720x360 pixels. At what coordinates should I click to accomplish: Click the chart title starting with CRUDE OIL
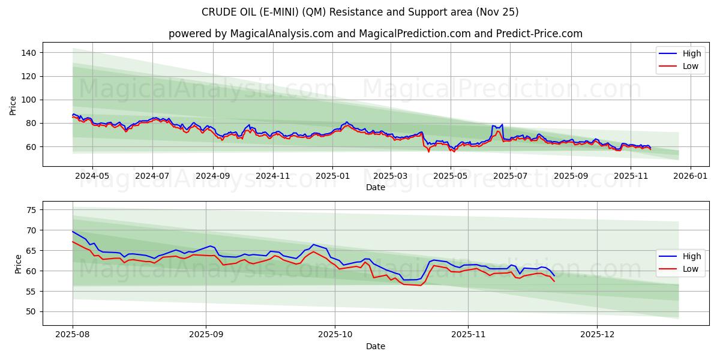[360, 12]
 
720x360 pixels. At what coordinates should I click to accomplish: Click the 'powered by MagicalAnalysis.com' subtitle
[375, 34]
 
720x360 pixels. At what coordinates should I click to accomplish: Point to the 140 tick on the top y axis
[28, 53]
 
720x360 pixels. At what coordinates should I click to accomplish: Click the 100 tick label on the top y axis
[28, 100]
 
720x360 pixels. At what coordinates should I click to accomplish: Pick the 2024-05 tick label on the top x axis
[92, 176]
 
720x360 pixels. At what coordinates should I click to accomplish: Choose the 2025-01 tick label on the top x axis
[332, 176]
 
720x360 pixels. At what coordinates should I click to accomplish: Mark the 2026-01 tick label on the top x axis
[691, 176]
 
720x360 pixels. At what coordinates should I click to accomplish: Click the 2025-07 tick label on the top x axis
[509, 176]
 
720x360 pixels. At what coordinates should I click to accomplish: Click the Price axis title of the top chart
[13, 104]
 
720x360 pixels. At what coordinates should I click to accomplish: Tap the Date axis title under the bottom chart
[376, 346]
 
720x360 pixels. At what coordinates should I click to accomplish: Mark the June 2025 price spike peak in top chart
[502, 125]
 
